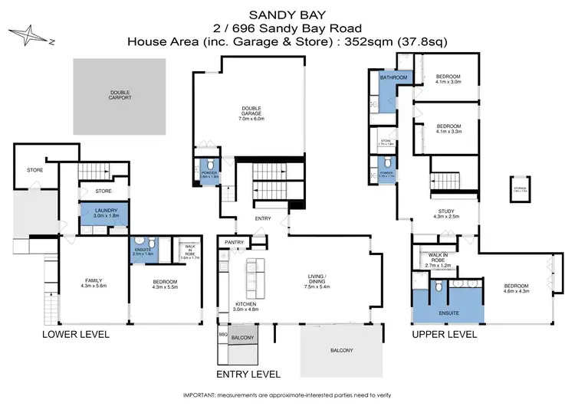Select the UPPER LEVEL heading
click(445, 335)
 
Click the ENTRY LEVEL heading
click(248, 374)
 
